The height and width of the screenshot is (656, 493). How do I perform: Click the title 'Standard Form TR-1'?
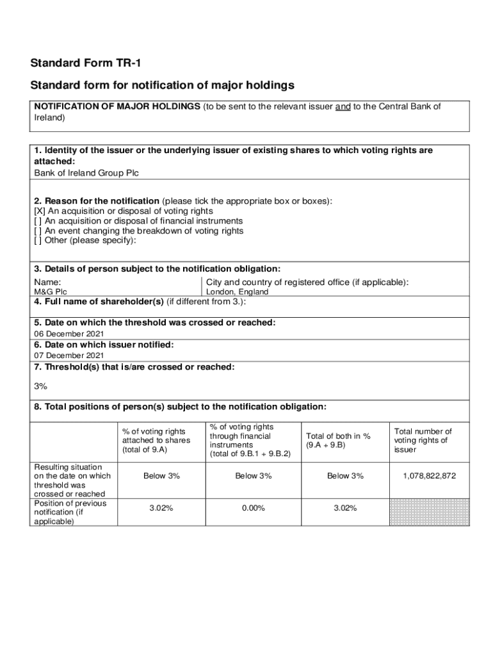(x=85, y=63)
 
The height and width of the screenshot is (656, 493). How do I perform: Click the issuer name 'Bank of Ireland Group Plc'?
(x=86, y=173)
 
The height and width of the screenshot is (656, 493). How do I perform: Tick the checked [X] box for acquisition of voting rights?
(x=38, y=211)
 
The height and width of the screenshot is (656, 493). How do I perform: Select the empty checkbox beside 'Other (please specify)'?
(x=38, y=240)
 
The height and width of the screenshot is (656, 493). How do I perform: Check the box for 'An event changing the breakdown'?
(x=38, y=231)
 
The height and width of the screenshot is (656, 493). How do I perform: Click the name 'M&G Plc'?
(x=50, y=292)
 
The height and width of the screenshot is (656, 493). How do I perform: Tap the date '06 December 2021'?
(x=69, y=334)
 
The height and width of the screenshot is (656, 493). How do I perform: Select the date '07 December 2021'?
(x=69, y=356)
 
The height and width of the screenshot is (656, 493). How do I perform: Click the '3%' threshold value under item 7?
(x=40, y=386)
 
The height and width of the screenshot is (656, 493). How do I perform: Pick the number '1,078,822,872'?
(x=430, y=476)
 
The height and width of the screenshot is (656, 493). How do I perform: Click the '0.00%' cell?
(x=254, y=508)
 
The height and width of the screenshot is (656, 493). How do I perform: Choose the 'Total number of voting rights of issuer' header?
(x=423, y=440)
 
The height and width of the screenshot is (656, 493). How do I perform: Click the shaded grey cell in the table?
(x=429, y=512)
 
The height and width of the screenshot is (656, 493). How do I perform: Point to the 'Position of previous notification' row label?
(x=70, y=512)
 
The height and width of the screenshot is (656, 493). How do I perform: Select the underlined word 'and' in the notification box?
(x=343, y=107)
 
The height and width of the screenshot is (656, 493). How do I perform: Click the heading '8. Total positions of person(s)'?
(x=181, y=407)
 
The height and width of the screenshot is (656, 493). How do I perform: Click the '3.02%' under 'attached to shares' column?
(x=161, y=508)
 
